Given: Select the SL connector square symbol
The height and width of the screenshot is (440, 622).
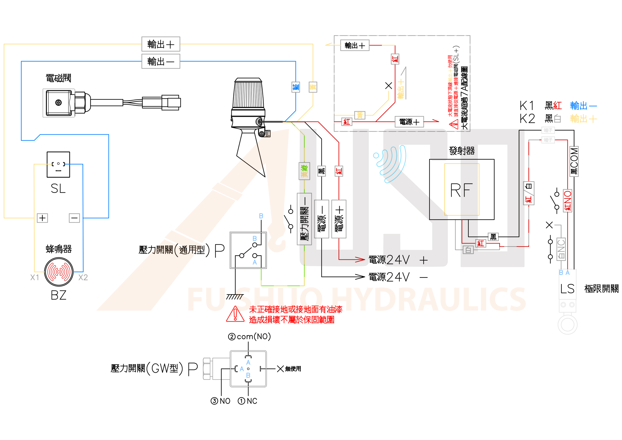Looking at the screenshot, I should (x=58, y=164).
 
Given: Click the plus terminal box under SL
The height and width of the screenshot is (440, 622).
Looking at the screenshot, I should (x=42, y=218).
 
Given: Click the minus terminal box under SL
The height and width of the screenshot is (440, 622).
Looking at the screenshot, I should (x=74, y=218).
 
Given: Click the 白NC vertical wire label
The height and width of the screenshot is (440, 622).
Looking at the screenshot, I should (x=561, y=249).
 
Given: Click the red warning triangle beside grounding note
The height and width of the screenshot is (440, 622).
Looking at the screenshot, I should (x=235, y=314).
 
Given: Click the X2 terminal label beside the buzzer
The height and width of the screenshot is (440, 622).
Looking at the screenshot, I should (x=83, y=277).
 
